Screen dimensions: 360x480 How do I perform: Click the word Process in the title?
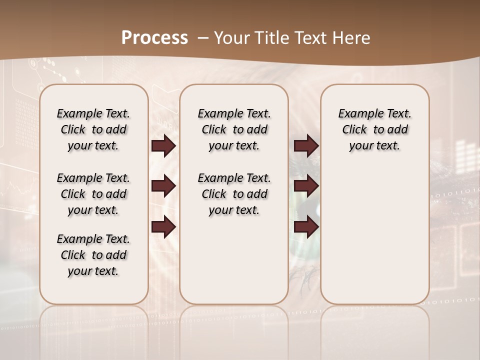pos(154,37)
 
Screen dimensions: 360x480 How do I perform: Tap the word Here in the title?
pos(351,37)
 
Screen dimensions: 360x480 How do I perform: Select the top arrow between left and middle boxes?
pos(163,145)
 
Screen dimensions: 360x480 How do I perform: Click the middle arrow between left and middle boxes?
pos(163,186)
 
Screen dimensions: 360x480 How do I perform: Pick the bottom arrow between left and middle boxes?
pos(163,226)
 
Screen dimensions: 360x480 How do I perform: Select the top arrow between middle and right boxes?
pos(306,145)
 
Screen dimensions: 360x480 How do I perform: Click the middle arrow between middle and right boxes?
pos(306,186)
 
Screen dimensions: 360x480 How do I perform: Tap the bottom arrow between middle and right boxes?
pos(306,226)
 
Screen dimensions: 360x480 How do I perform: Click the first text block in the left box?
pos(93,129)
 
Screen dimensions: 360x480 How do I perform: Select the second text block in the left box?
pos(93,194)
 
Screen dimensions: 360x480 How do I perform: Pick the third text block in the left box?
pos(93,255)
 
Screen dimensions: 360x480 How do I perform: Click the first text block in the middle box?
pos(234,129)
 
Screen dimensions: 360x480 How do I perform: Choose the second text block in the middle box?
pos(234,194)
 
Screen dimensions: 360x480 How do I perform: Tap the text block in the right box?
pos(375,129)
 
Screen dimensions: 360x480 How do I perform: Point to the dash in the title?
pos(203,37)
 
